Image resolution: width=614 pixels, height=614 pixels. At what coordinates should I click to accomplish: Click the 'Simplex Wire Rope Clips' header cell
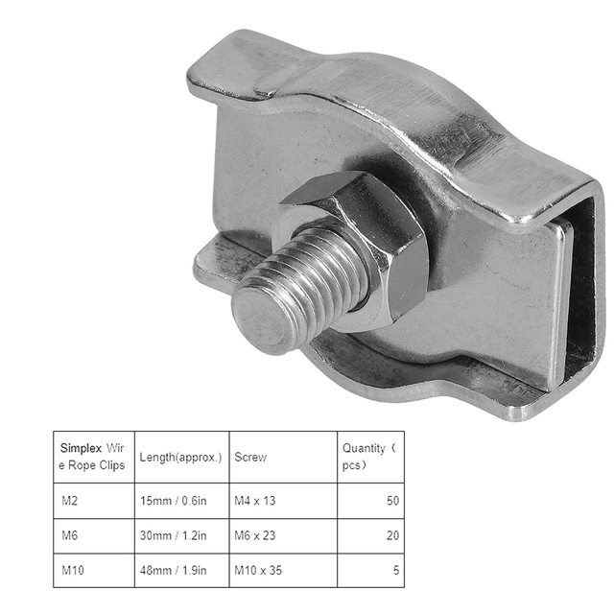click(x=93, y=457)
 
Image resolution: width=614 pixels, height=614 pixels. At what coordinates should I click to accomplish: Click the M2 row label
click(x=70, y=501)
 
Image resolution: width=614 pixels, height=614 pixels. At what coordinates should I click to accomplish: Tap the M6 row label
click(x=70, y=535)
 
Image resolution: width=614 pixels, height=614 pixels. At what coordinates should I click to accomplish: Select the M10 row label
click(x=72, y=570)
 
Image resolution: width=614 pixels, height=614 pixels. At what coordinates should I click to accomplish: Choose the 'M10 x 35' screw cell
click(x=260, y=570)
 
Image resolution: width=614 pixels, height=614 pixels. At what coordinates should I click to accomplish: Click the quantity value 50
click(x=392, y=501)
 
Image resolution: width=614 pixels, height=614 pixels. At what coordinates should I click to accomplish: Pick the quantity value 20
click(x=392, y=535)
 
